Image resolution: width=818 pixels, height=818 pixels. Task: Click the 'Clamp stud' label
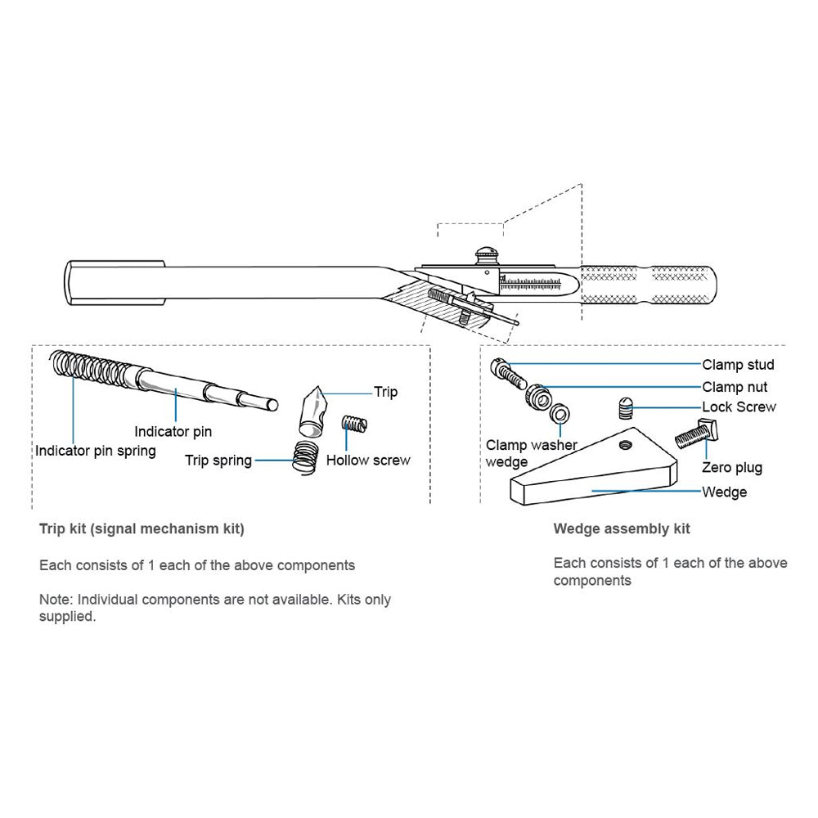point(737,365)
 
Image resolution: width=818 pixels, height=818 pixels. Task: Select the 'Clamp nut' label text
point(735,387)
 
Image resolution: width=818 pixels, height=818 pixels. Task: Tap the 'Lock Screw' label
point(739,407)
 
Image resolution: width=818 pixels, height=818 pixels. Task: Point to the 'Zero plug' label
point(731,468)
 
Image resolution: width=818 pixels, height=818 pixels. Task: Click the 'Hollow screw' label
point(368,460)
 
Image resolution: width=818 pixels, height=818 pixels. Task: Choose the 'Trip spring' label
point(218,461)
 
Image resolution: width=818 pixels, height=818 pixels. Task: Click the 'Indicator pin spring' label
point(95,451)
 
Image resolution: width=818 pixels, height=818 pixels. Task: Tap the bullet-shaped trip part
point(312,412)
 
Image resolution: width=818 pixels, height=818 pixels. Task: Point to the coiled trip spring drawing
point(305,455)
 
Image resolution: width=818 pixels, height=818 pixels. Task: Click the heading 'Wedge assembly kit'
point(622,528)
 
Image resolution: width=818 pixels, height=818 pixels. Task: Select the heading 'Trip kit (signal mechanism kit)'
point(142,528)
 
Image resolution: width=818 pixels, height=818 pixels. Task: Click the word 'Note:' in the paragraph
point(56,599)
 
